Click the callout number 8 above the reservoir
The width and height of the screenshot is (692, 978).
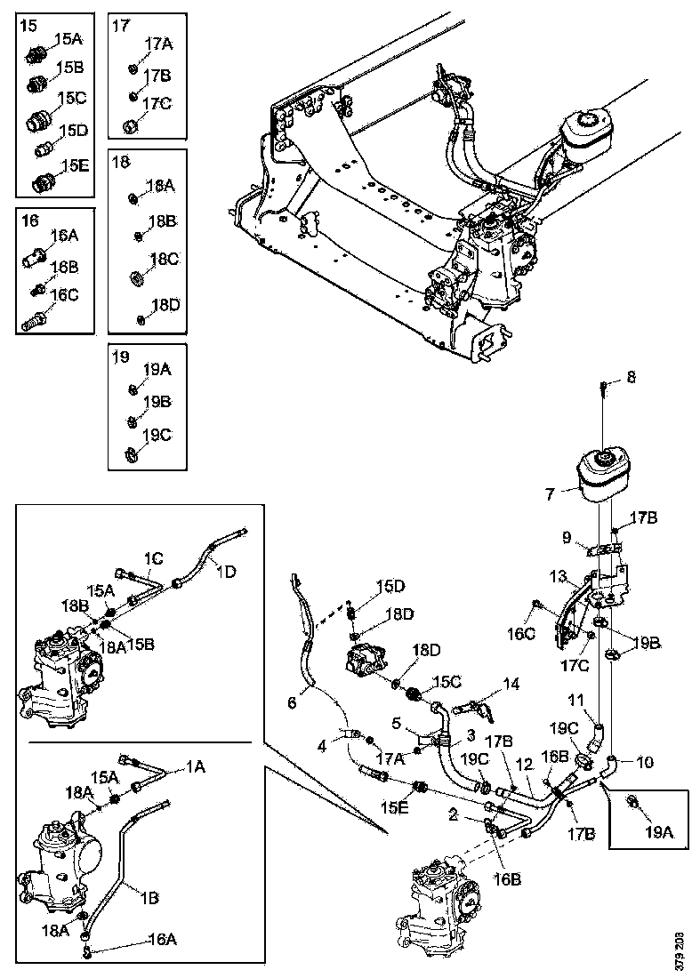point(632,377)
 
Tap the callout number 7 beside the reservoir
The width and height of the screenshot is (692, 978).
point(551,491)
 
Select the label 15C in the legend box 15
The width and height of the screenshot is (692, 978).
point(72,98)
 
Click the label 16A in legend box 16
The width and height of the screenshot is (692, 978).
point(64,236)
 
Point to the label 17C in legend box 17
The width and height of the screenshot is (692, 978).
point(157,104)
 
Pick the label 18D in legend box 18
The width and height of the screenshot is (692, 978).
point(164,304)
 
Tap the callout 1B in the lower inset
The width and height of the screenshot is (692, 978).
point(149,898)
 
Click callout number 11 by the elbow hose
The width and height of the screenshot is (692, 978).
point(577,701)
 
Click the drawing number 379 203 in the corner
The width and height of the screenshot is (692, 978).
point(680,945)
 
